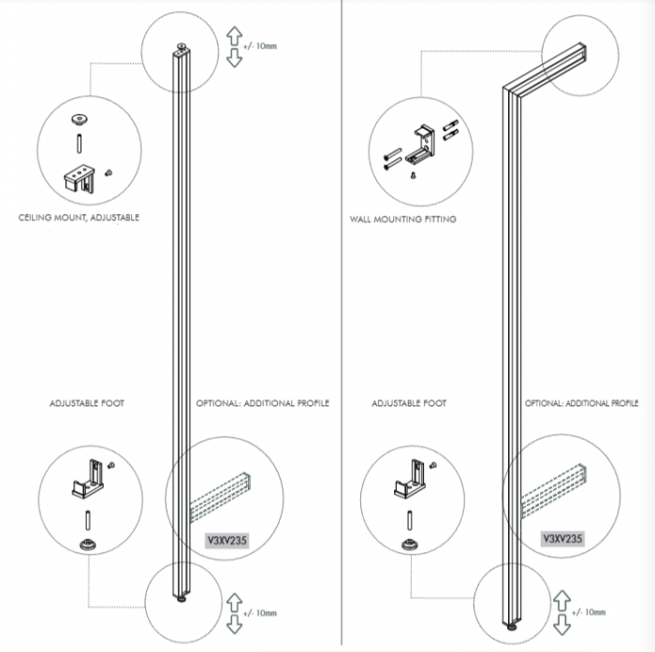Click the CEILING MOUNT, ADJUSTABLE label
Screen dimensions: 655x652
79,218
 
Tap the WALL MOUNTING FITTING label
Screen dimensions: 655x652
402,219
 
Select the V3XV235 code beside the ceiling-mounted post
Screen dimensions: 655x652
227,541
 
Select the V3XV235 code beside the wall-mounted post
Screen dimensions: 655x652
562,539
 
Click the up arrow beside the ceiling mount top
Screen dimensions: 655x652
235,36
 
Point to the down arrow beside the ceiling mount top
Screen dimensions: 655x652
235,58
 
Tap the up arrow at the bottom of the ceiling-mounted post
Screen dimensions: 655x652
234,603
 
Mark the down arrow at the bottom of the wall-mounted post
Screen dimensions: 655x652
561,625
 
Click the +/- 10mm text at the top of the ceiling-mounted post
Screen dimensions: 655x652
260,46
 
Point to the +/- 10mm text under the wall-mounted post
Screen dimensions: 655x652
589,613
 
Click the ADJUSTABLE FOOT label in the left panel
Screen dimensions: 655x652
87,403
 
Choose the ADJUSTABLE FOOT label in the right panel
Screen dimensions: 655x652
409,403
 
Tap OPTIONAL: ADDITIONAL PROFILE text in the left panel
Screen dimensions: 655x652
263,403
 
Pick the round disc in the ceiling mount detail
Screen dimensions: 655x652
79,120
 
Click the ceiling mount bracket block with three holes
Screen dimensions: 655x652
79,179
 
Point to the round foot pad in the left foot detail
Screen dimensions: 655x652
88,545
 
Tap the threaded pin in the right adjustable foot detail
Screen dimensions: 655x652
410,521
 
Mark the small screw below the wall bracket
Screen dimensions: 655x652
414,176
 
